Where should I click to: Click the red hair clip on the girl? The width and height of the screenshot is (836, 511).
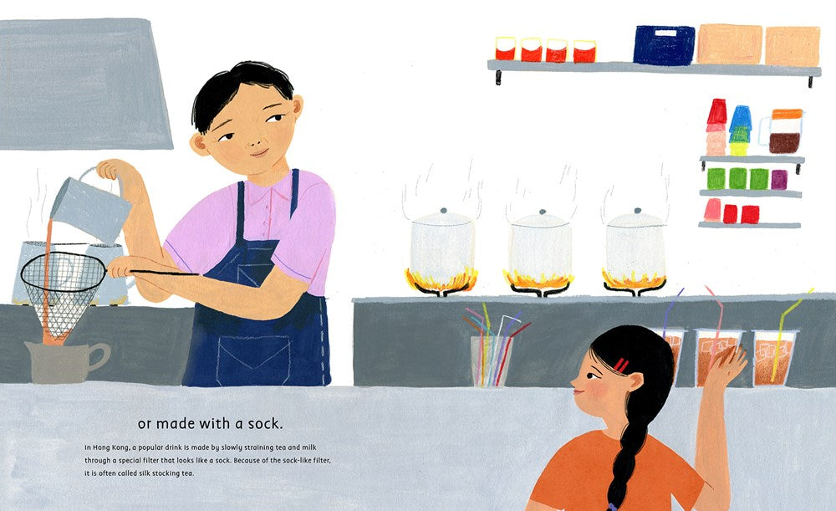tap(621, 365)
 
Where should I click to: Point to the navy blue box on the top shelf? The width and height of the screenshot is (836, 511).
tap(663, 44)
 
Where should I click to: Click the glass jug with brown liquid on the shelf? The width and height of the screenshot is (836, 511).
tap(784, 132)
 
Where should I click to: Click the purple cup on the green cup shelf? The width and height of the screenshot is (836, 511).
tap(778, 179)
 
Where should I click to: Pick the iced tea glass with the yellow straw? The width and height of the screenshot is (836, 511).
tap(774, 358)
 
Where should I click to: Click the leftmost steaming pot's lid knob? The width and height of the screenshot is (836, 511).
tap(442, 211)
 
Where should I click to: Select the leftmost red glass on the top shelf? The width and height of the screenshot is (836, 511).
tap(505, 49)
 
